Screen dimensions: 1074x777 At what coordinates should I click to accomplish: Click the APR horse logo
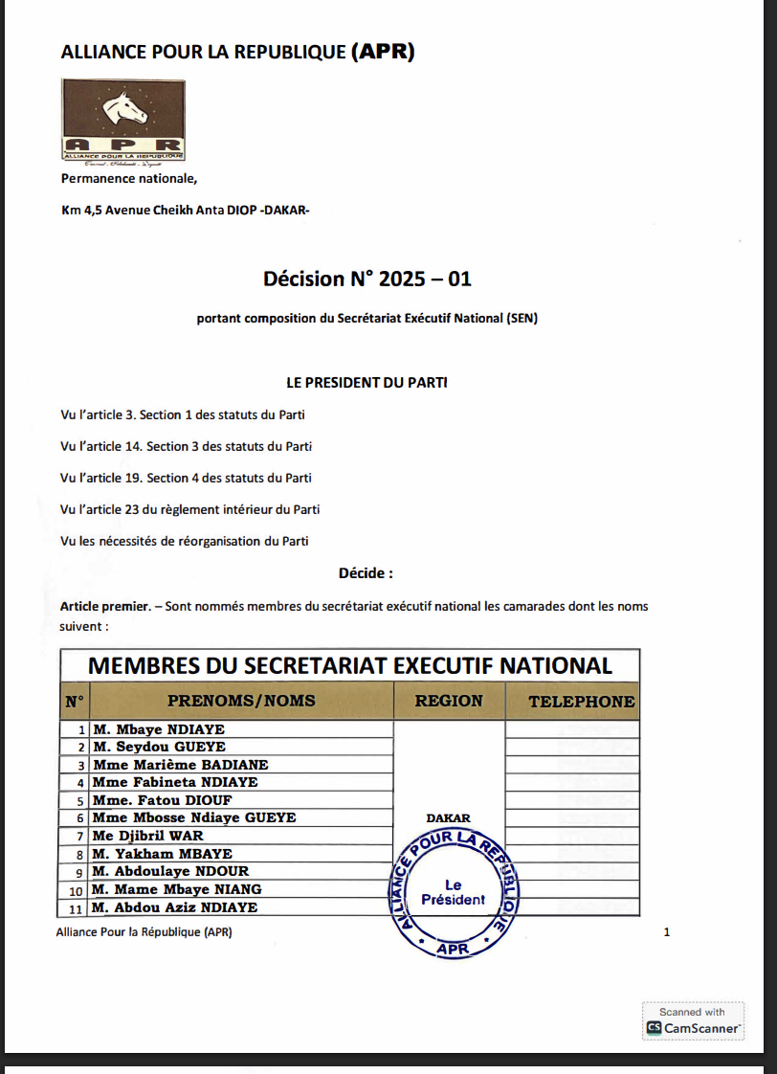(123, 119)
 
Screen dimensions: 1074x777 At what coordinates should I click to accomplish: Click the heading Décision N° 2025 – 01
(367, 280)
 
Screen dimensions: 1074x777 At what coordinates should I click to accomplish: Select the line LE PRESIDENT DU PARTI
(367, 382)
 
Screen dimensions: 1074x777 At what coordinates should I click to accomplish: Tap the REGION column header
(449, 701)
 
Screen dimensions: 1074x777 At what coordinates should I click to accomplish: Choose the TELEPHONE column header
(582, 701)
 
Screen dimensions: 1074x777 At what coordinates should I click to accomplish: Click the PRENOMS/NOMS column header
(241, 701)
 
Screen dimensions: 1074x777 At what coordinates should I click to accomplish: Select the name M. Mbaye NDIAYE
(159, 729)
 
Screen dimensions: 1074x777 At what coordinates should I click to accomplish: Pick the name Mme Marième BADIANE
(181, 765)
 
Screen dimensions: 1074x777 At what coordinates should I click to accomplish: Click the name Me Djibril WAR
(148, 836)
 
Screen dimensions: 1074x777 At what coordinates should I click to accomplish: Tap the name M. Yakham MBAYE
(163, 854)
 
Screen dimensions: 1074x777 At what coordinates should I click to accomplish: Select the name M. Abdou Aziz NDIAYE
(175, 907)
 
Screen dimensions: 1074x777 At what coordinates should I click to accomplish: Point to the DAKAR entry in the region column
(448, 818)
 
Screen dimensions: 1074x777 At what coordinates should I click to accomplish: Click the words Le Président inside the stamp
(454, 892)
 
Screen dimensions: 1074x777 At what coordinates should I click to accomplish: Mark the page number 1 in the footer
(667, 931)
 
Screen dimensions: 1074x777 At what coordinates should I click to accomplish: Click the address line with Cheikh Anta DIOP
(186, 211)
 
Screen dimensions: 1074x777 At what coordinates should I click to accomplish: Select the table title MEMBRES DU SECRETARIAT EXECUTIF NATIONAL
(349, 665)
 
